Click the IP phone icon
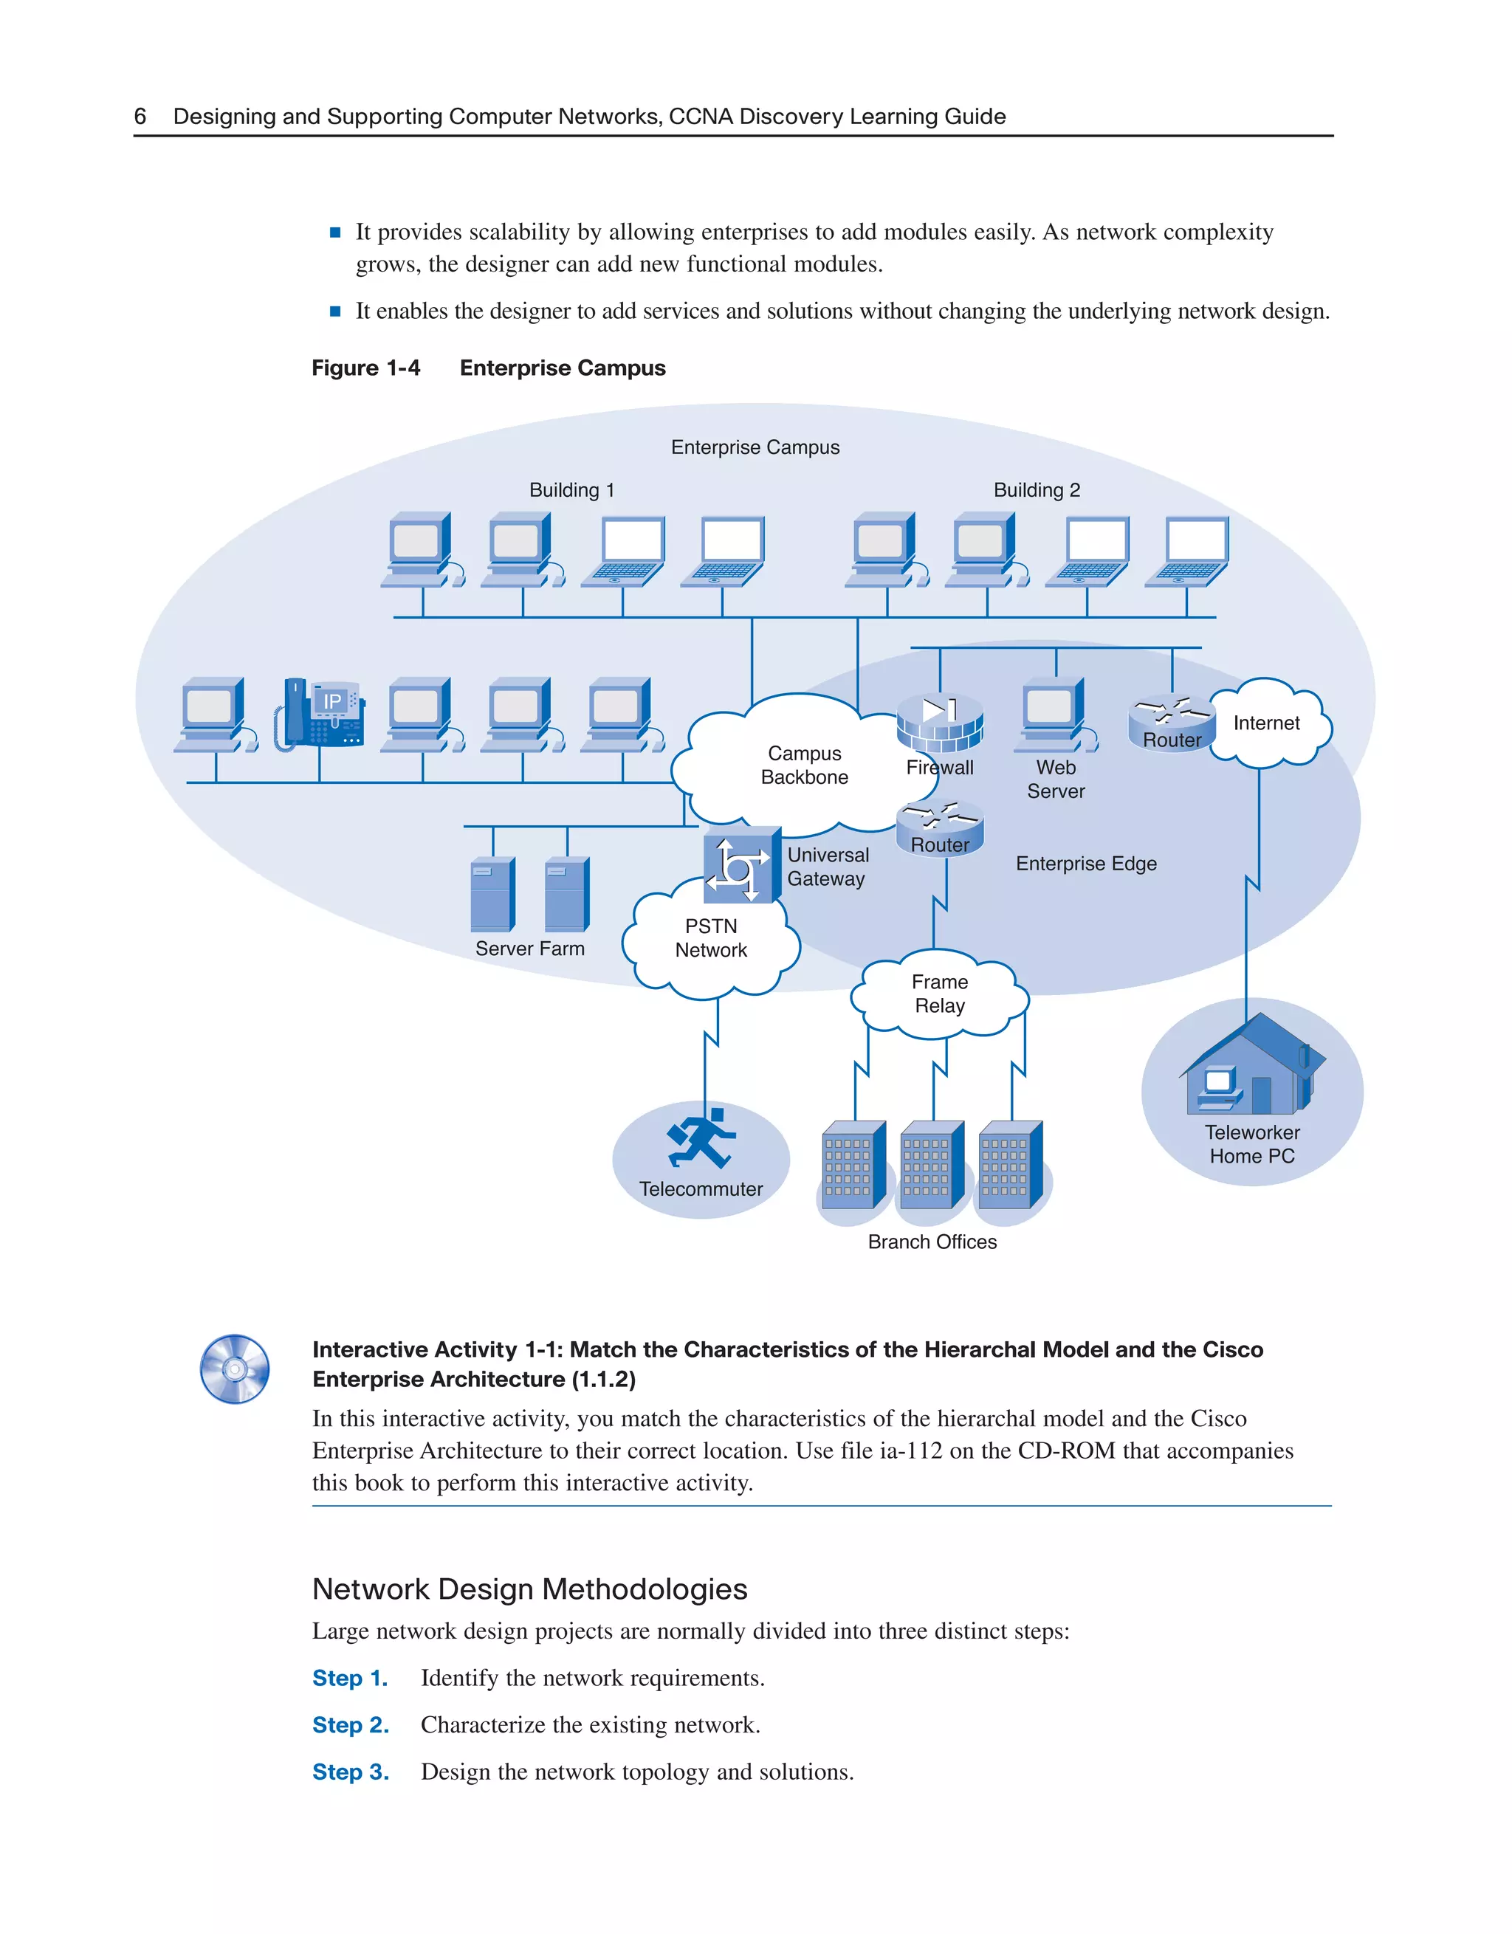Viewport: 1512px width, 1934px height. click(320, 714)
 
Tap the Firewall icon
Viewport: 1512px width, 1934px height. click(940, 721)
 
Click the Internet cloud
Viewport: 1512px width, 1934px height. click(1268, 723)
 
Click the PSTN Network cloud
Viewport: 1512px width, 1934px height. click(710, 940)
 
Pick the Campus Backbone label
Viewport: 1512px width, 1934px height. click(804, 765)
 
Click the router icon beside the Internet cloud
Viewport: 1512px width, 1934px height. click(1171, 723)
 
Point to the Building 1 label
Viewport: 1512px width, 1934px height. click(571, 489)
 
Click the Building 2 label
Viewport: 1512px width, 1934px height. click(1037, 489)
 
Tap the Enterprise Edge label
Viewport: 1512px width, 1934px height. click(1086, 864)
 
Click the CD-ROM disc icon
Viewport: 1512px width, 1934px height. click(235, 1369)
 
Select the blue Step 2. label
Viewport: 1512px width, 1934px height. click(351, 1725)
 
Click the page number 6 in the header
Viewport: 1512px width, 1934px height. click(140, 116)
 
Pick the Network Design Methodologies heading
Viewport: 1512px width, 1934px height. click(529, 1589)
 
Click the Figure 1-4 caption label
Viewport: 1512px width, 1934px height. click(366, 368)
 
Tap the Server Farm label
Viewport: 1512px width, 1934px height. click(529, 949)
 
